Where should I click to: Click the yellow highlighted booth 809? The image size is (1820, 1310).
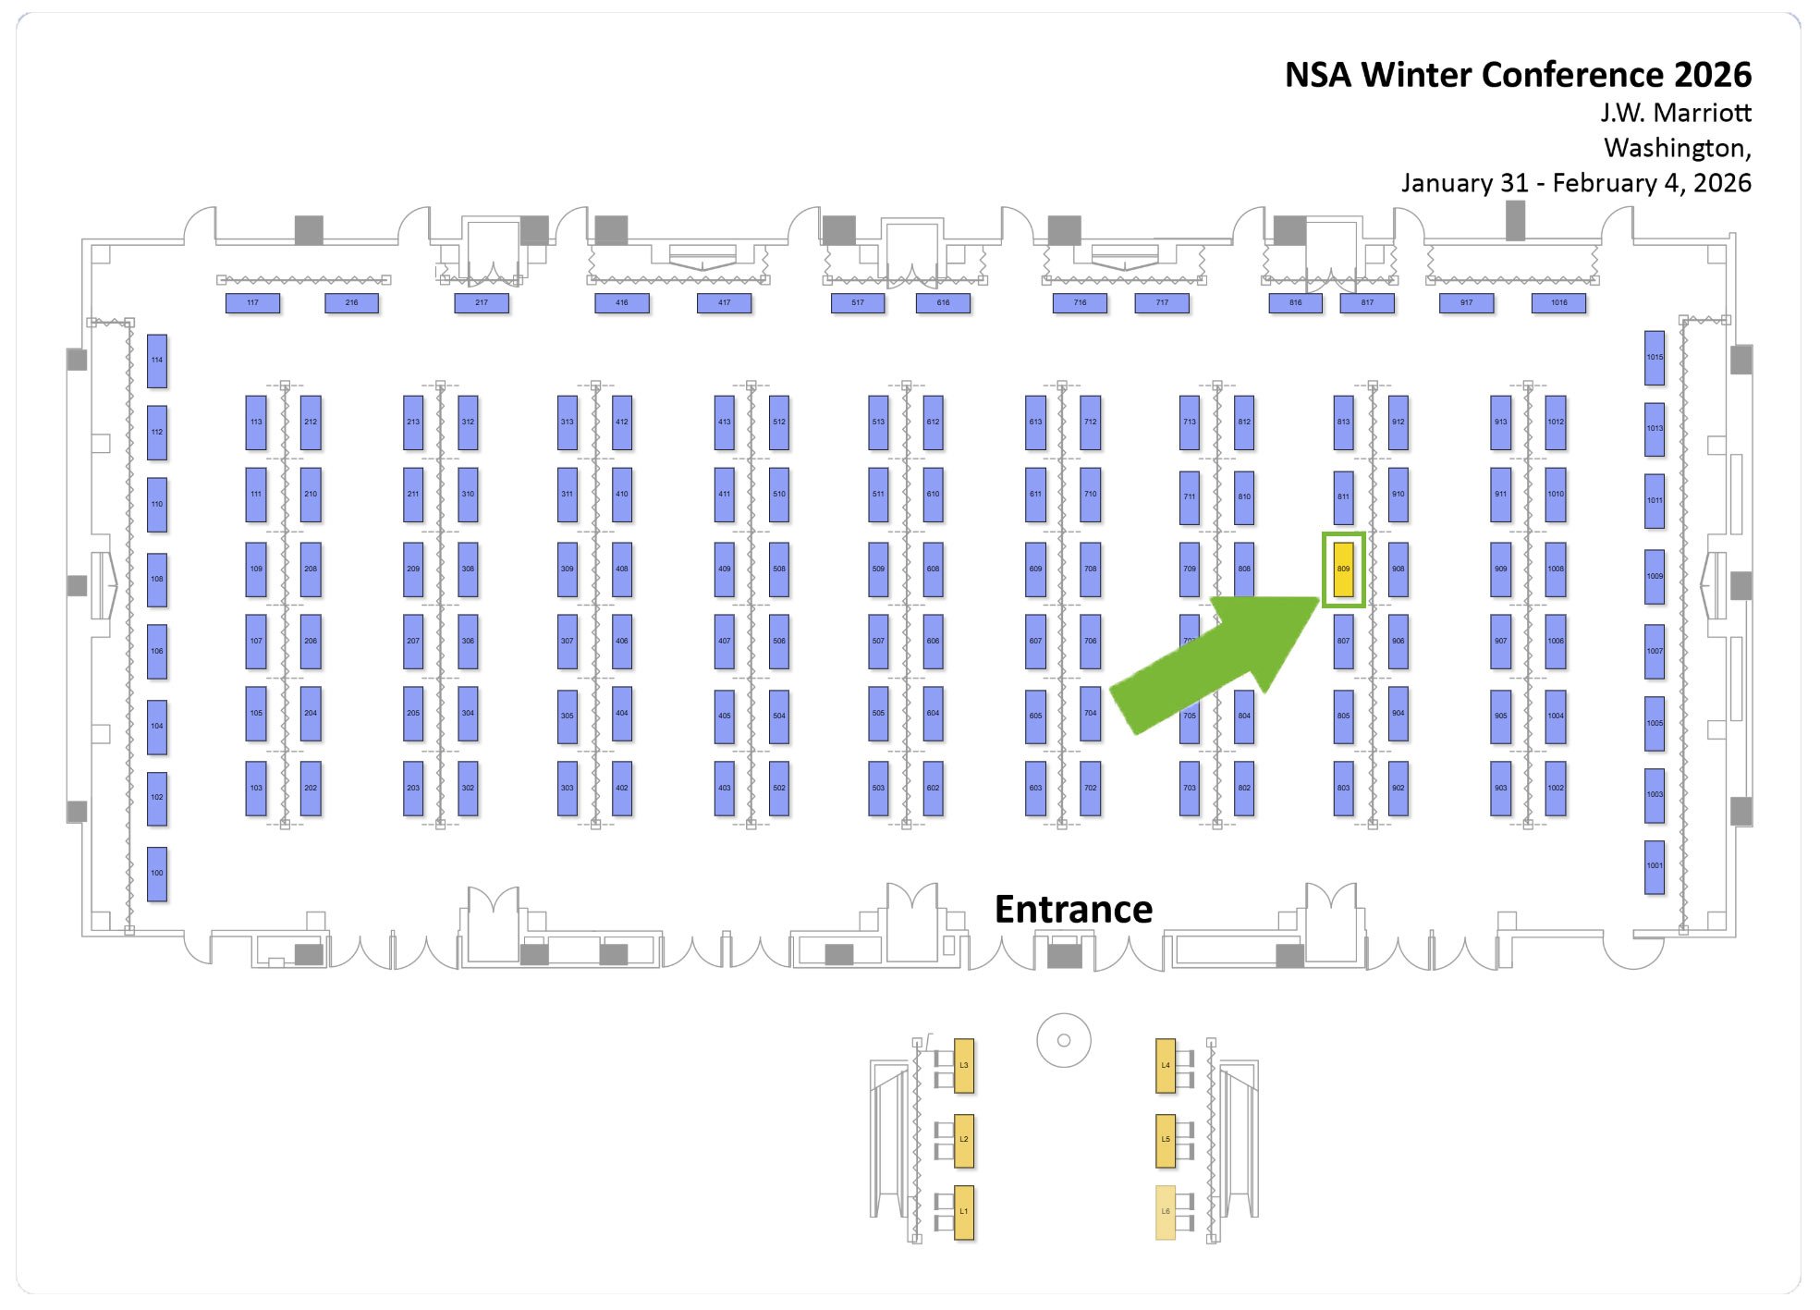click(1343, 569)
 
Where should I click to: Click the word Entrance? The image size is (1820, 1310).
click(1073, 910)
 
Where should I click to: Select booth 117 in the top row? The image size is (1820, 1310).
click(252, 302)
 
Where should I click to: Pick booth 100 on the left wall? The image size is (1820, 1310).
click(157, 873)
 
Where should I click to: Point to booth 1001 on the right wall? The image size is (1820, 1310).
click(1655, 866)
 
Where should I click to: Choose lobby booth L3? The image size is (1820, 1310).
click(963, 1065)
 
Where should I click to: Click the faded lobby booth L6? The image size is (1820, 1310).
click(1166, 1212)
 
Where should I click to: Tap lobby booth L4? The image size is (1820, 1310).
click(1166, 1065)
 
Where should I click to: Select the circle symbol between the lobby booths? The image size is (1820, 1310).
click(1064, 1040)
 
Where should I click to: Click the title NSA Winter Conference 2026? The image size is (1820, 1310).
click(1518, 75)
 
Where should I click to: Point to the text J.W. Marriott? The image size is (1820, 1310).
click(1676, 113)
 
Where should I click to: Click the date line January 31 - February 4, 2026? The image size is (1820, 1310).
click(1576, 183)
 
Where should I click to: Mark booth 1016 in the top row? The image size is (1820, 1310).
click(1558, 302)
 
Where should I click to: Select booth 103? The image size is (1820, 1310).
click(256, 788)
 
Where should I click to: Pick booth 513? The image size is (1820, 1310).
click(878, 422)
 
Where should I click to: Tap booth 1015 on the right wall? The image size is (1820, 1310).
click(1655, 357)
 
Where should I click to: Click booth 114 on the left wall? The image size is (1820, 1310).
click(157, 361)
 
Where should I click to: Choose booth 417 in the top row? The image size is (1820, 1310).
click(724, 302)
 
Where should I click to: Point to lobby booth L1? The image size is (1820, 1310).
click(963, 1212)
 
